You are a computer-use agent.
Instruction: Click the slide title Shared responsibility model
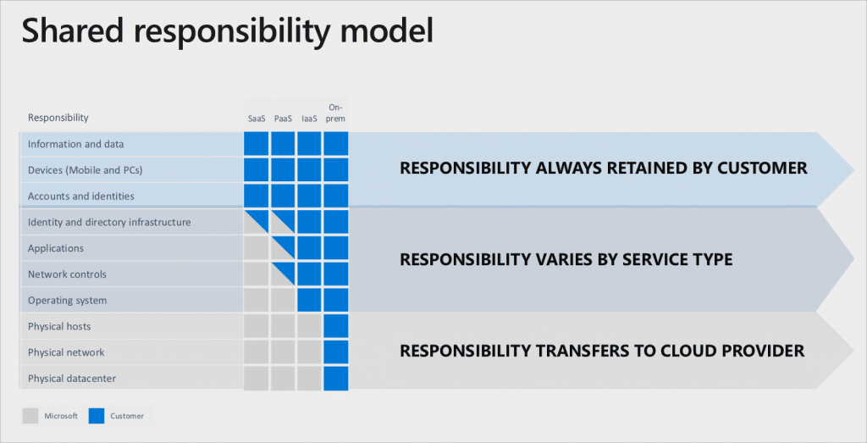point(227,30)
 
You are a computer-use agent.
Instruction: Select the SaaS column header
point(257,119)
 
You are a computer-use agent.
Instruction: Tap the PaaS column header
point(283,119)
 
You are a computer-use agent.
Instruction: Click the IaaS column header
point(309,119)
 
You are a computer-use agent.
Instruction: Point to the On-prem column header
point(335,114)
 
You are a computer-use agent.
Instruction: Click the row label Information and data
point(75,144)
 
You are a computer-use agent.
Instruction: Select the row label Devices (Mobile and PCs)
point(85,170)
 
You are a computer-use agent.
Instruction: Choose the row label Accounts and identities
point(80,197)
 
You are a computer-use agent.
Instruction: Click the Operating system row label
point(68,301)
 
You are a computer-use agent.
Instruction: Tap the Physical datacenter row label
point(71,379)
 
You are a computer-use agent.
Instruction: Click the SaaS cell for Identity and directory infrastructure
point(257,222)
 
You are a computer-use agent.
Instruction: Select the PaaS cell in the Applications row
point(283,248)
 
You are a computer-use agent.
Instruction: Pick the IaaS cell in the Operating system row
point(309,300)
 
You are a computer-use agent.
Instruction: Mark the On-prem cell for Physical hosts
point(335,326)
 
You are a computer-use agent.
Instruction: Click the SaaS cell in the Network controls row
point(257,274)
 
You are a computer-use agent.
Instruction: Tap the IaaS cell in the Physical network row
point(309,352)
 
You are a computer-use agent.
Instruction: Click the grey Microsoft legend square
point(30,416)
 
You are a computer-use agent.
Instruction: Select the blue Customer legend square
point(97,416)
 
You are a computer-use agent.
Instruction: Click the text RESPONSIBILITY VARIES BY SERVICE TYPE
point(566,259)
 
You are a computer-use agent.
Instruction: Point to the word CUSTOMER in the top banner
point(762,168)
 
